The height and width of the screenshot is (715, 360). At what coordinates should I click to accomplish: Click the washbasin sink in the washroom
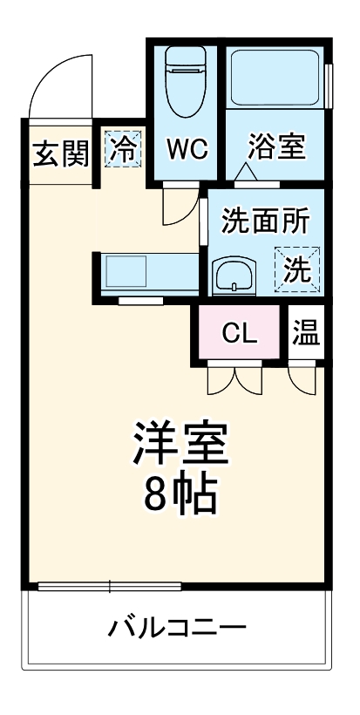tap(234, 277)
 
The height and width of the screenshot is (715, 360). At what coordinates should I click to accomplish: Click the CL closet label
tap(239, 332)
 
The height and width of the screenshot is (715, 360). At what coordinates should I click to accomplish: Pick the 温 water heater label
tap(305, 332)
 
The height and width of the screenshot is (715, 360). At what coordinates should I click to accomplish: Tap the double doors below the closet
tap(234, 378)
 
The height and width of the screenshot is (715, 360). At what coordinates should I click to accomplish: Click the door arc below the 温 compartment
tap(303, 378)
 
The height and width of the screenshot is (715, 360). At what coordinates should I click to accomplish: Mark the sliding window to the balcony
tap(110, 585)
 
